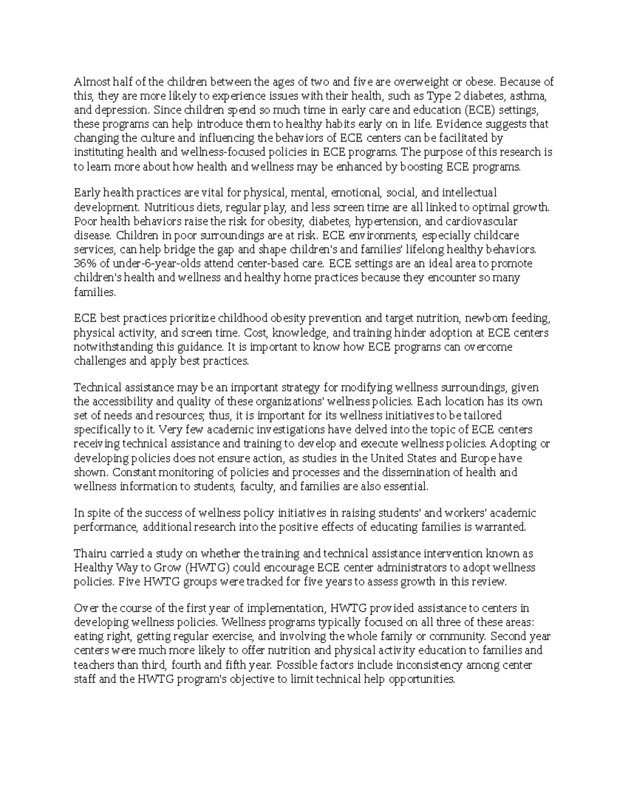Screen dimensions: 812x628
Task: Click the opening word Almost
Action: click(89, 82)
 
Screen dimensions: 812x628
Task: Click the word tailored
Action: click(483, 415)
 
